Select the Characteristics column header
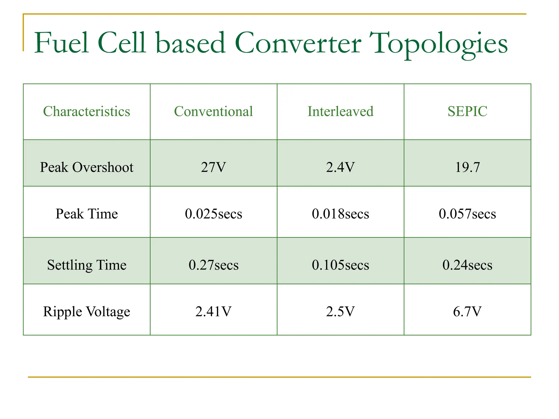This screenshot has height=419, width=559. click(87, 112)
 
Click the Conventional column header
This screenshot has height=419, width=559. click(213, 112)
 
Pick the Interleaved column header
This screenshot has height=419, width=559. click(340, 112)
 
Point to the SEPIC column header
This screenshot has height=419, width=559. click(467, 112)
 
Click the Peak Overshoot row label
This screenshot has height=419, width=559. click(87, 167)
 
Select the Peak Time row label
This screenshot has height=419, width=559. click(87, 214)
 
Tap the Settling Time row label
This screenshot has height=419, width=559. click(87, 265)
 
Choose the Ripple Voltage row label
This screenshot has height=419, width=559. click(87, 312)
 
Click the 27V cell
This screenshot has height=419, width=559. click(213, 167)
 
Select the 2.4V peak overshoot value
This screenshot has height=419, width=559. click(340, 167)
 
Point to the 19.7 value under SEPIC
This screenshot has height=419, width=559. click(467, 167)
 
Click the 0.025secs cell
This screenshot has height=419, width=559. click(213, 214)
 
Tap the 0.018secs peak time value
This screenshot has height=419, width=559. click(340, 214)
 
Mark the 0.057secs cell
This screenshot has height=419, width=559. click(467, 214)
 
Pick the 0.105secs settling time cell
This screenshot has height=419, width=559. click(340, 265)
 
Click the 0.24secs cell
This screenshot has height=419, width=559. click(467, 265)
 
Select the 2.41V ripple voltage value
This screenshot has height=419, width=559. click(213, 312)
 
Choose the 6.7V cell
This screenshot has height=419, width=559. click(467, 312)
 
